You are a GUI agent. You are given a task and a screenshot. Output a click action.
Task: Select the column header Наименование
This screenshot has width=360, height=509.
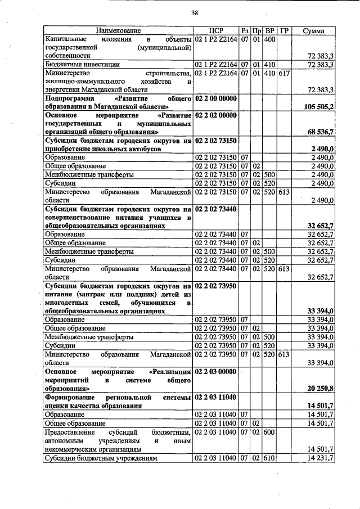pyautogui.click(x=118, y=30)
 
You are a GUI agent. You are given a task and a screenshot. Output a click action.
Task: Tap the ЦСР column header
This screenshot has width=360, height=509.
pyautogui.click(x=216, y=30)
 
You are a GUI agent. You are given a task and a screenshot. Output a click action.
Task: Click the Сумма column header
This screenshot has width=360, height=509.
pyautogui.click(x=313, y=30)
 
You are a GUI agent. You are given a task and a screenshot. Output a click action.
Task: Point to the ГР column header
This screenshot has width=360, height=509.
pyautogui.click(x=284, y=30)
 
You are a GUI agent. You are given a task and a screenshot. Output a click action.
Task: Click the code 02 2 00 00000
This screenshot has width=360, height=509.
pyautogui.click(x=216, y=98)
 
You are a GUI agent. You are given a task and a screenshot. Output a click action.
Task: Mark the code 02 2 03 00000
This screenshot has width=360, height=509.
pyautogui.click(x=216, y=371)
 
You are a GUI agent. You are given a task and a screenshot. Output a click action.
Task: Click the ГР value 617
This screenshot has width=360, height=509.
pyautogui.click(x=284, y=73)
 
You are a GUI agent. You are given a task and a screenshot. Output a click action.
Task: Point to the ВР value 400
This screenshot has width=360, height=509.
pyautogui.click(x=269, y=39)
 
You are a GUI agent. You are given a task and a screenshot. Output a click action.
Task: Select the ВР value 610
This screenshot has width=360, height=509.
pyautogui.click(x=269, y=458)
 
